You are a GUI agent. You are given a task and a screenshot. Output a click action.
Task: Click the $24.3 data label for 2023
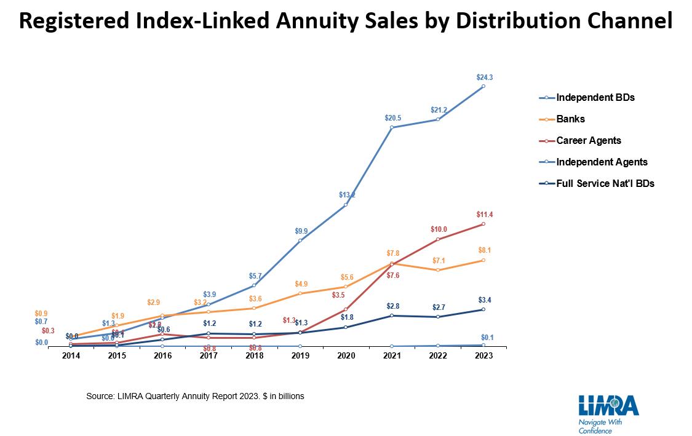coord(484,77)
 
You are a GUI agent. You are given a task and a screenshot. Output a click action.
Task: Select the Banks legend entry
coord(570,119)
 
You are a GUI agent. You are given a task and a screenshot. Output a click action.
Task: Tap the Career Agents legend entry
coord(588,141)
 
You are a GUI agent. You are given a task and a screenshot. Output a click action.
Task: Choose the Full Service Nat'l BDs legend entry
coord(605,183)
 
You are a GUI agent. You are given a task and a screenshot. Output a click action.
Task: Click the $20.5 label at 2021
coord(392,117)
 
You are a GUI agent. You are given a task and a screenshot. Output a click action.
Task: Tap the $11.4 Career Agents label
coord(484,215)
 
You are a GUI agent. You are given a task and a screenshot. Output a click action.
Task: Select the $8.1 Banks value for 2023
coord(484,250)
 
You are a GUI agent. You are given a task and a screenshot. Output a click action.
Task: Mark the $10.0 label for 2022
coord(438,229)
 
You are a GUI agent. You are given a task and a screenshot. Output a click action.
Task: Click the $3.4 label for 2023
coord(484,300)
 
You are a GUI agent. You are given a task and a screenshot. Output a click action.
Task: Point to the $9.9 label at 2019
coord(301,231)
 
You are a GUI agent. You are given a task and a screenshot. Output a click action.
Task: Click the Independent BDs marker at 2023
coord(483,86)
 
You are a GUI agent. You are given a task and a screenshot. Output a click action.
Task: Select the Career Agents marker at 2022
coord(438,239)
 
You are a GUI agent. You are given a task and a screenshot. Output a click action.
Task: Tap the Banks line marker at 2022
coord(438,270)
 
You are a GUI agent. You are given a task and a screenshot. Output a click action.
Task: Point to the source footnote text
coord(195,397)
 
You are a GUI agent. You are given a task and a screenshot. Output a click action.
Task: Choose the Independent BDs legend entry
coord(595,98)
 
